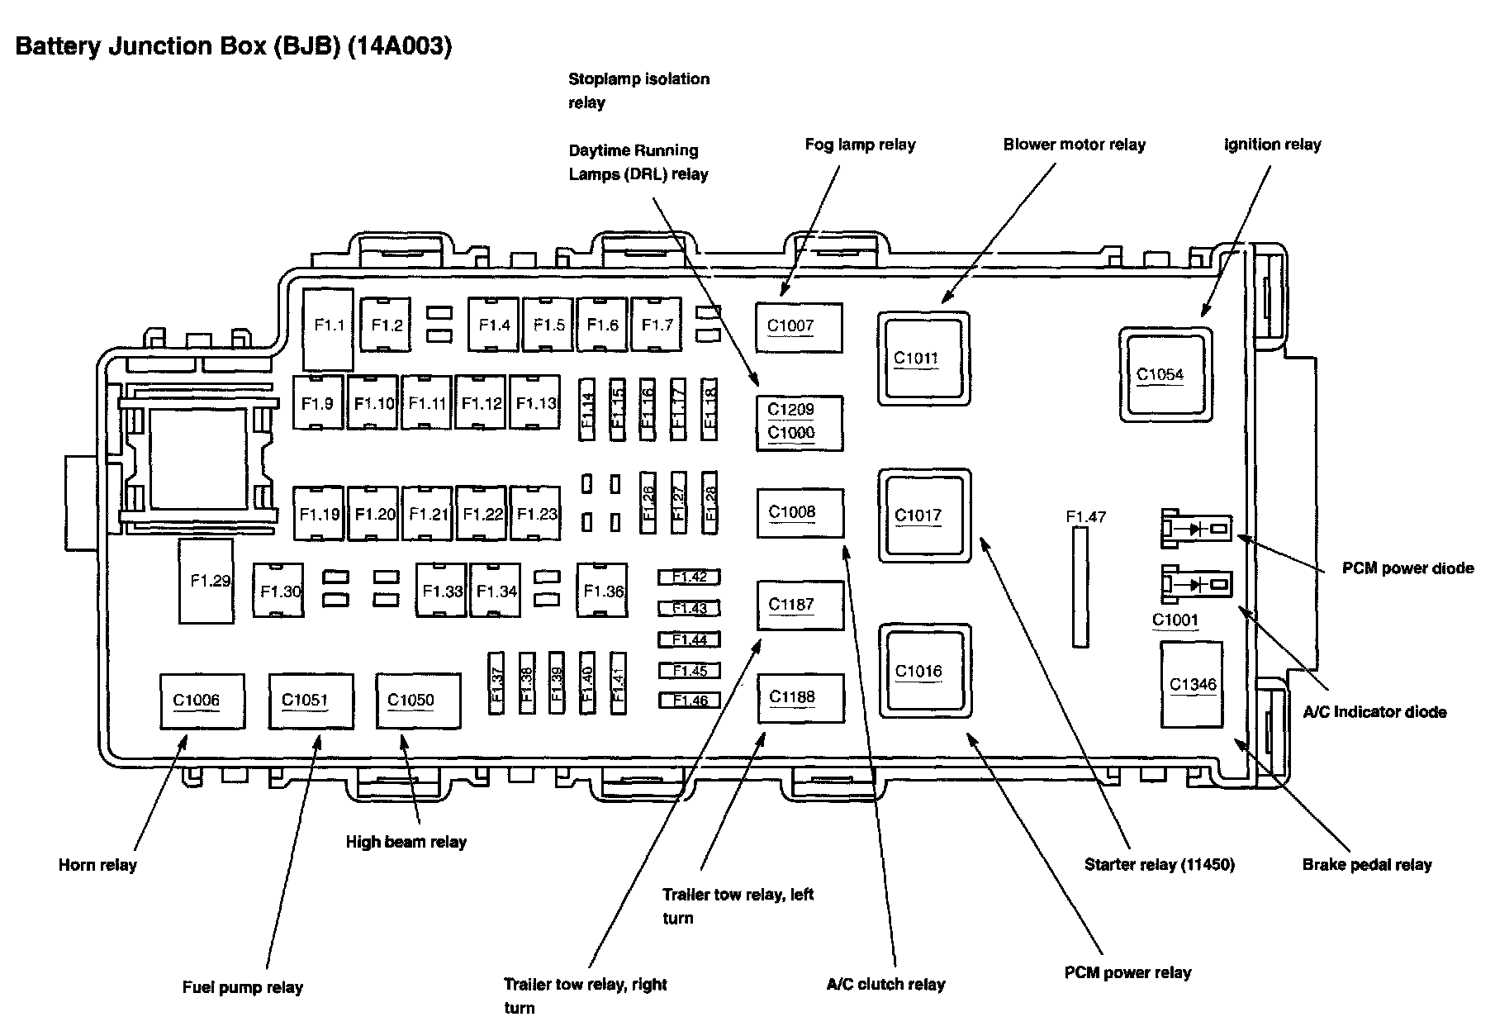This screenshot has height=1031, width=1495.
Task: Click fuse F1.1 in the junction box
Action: click(x=329, y=329)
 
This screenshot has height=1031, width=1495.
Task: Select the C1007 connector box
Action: click(x=800, y=328)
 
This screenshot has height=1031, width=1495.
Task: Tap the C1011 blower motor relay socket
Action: click(x=923, y=358)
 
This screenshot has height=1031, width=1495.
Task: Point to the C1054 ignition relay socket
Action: click(x=1166, y=374)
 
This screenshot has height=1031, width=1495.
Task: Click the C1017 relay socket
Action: click(x=924, y=515)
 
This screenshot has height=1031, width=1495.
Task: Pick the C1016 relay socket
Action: click(x=925, y=671)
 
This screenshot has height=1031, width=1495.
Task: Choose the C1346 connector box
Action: click(x=1191, y=684)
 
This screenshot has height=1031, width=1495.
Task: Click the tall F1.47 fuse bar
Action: click(x=1080, y=587)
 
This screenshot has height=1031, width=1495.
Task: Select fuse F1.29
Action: click(x=206, y=581)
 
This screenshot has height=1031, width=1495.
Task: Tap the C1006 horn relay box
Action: click(x=202, y=701)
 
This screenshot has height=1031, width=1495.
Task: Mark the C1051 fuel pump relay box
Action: click(x=311, y=701)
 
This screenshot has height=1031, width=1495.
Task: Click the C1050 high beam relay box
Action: click(x=418, y=701)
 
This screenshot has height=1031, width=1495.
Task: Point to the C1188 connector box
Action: click(x=800, y=698)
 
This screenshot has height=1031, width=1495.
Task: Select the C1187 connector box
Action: click(x=800, y=606)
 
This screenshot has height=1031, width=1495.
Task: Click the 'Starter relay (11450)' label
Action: click(x=1160, y=865)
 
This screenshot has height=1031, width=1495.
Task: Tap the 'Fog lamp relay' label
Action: click(x=860, y=145)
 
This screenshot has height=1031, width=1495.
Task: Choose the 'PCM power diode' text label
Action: click(x=1407, y=568)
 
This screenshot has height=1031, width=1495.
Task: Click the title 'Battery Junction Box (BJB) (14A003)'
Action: click(x=234, y=46)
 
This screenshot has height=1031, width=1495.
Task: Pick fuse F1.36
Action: click(x=602, y=591)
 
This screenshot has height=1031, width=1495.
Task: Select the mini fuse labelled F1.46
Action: click(x=690, y=701)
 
